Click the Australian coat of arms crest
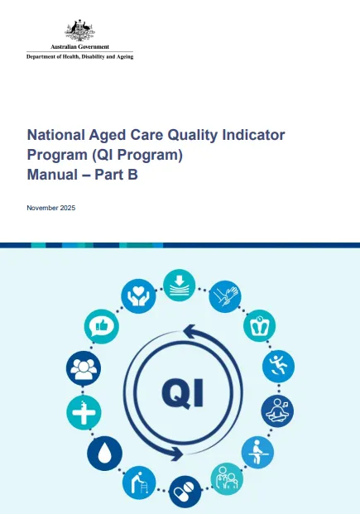click(79, 31)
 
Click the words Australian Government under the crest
click(79, 48)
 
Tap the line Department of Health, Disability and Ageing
click(79, 56)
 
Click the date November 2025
click(51, 207)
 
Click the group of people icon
click(83, 367)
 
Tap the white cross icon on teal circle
click(83, 411)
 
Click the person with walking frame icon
click(138, 483)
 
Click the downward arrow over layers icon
click(179, 284)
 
